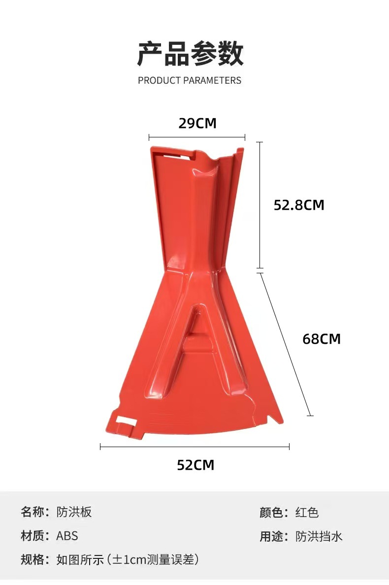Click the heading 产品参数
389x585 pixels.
click(x=190, y=54)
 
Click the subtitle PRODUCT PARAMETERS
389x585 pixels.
click(x=190, y=80)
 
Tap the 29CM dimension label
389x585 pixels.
click(x=197, y=123)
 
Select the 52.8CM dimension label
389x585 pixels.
click(x=299, y=205)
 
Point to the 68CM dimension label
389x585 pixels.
click(x=321, y=339)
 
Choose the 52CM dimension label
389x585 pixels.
click(x=195, y=465)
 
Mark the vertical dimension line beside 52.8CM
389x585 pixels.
click(x=260, y=205)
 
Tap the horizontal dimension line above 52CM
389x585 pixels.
click(x=194, y=447)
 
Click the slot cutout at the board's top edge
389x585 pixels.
click(x=175, y=156)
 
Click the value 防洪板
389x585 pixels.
click(x=74, y=512)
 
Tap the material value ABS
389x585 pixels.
click(x=67, y=536)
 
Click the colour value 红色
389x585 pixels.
click(x=307, y=513)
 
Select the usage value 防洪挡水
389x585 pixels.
click(x=319, y=536)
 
